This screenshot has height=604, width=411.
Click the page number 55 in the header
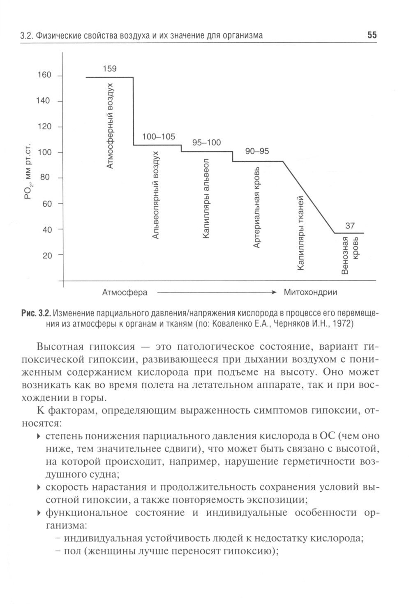pyautogui.click(x=372, y=35)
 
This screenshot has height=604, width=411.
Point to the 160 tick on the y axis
pyautogui.click(x=44, y=75)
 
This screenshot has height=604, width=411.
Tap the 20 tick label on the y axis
pyautogui.click(x=47, y=256)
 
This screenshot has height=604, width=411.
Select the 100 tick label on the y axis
pyautogui.click(x=44, y=152)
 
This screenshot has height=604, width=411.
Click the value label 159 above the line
pyautogui.click(x=109, y=69)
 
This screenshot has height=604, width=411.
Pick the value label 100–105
pyautogui.click(x=159, y=136)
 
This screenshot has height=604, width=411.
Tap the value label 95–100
pyautogui.click(x=206, y=143)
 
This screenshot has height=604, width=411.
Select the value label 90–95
pyautogui.click(x=257, y=151)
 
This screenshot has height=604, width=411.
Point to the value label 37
pyautogui.click(x=350, y=226)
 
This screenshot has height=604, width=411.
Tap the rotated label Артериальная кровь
pyautogui.click(x=256, y=207)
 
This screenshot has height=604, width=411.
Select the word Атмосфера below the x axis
pyautogui.click(x=125, y=293)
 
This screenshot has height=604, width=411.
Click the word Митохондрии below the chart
pyautogui.click(x=310, y=293)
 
